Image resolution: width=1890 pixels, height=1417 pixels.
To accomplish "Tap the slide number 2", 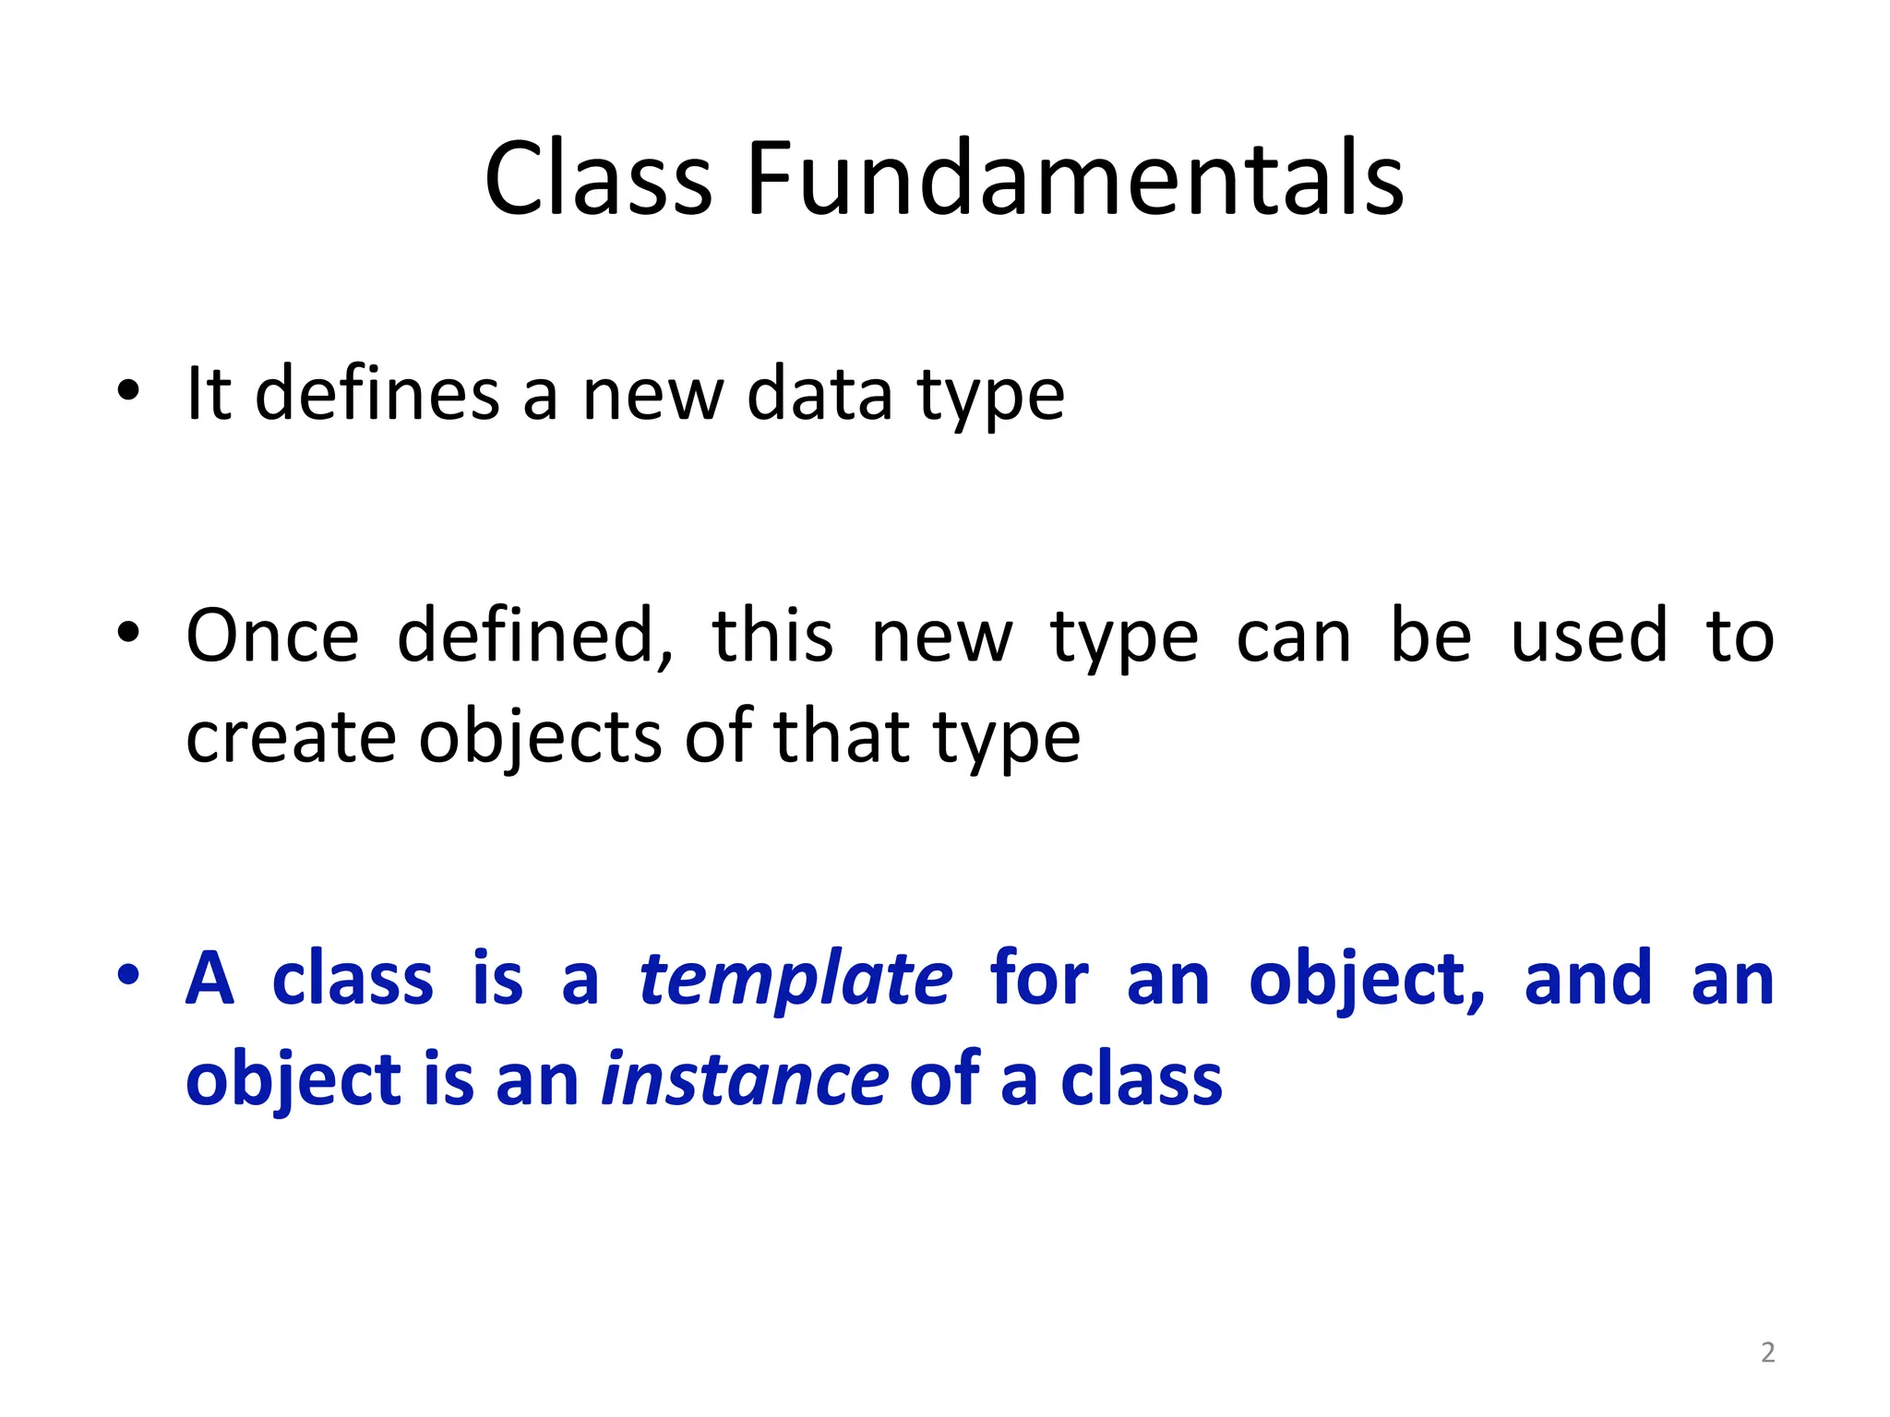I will point(1767,1352).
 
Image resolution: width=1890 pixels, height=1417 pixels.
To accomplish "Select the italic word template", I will point(795,980).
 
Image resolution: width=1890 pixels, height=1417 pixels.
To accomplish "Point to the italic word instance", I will point(745,1080).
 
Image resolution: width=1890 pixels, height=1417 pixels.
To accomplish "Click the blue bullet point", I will point(128,974).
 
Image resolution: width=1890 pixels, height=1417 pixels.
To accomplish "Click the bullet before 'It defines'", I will point(128,390).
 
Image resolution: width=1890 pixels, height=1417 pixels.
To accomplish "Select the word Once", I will point(272,637).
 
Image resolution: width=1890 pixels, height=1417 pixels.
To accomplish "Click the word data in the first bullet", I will point(819,395).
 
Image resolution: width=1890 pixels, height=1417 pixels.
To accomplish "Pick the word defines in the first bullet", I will point(377,395).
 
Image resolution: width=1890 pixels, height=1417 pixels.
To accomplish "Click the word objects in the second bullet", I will point(540,738).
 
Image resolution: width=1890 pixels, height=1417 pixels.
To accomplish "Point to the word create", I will point(291,738).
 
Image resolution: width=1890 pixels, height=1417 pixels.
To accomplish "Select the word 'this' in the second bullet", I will point(772,637).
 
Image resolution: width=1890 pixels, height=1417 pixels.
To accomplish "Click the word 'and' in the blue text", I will point(1587,980).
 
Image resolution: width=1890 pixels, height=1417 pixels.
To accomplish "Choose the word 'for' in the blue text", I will point(1039,980).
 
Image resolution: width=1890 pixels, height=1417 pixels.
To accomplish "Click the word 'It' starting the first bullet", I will point(209,395).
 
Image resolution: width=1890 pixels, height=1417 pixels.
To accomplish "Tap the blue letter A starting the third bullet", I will point(209,980).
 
